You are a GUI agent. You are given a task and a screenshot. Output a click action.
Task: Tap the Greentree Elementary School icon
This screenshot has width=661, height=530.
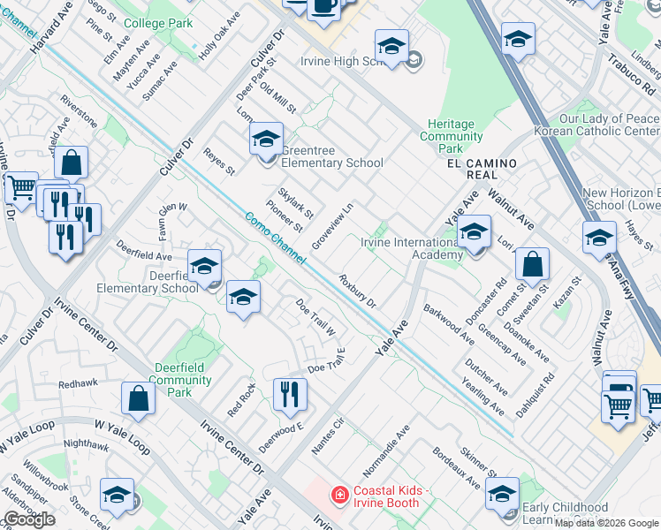click(266, 138)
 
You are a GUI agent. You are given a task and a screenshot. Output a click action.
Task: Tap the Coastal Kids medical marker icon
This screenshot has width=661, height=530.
click(338, 496)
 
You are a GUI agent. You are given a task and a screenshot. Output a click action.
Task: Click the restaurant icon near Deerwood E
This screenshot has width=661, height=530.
click(289, 394)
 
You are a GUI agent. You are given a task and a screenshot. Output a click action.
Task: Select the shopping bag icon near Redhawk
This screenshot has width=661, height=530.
click(139, 398)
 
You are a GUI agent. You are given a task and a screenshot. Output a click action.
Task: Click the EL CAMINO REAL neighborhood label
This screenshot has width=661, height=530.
click(478, 164)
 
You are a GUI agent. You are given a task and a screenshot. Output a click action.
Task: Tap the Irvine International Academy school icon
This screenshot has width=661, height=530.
click(475, 232)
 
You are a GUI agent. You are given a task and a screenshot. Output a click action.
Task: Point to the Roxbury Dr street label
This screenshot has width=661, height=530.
click(358, 291)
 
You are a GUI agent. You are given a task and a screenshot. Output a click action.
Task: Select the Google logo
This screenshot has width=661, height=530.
click(29, 519)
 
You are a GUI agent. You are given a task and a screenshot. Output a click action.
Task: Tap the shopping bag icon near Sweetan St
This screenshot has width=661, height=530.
click(533, 263)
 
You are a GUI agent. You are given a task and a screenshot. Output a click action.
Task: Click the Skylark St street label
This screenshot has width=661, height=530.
click(295, 203)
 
